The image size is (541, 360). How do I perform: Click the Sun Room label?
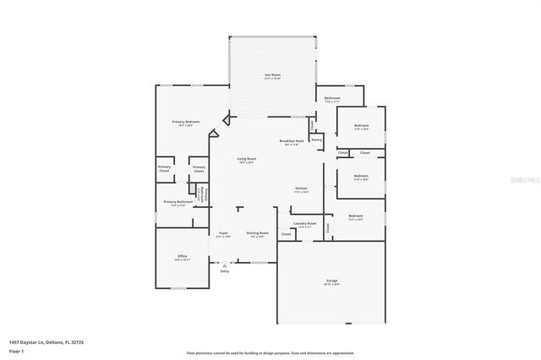tap(271, 75)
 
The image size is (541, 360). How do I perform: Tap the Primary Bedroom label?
tap(186, 123)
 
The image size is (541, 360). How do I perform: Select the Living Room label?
tap(246, 159)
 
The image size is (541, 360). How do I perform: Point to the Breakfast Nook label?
tap(291, 141)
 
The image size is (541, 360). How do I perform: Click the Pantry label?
tap(315, 140)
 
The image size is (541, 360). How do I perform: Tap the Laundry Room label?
tap(305, 224)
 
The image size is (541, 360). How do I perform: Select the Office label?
tap(182, 256)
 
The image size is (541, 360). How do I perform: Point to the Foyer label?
tap(224, 232)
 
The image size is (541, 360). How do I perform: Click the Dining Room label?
tap(257, 232)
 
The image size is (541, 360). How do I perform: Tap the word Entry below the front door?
tap(224, 270)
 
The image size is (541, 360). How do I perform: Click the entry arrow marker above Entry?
tap(224, 265)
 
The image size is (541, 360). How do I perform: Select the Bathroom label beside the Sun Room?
tap(331, 98)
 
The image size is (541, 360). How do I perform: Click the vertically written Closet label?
tap(329, 226)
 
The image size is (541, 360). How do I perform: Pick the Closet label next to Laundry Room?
tap(286, 234)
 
